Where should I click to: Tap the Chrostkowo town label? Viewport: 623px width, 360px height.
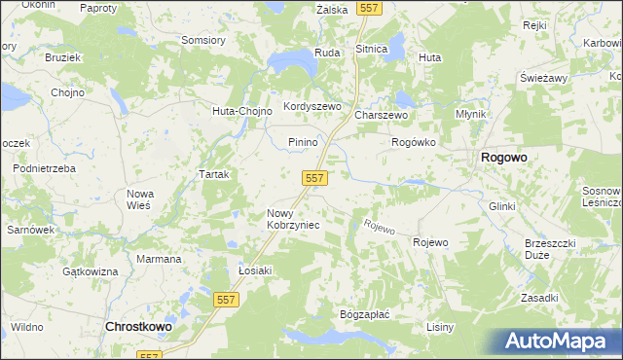(x=137, y=328)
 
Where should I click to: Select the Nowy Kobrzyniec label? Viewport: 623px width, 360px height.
(x=293, y=219)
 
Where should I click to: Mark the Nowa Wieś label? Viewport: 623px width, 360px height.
(x=140, y=199)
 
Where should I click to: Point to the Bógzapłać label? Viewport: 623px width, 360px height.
(x=364, y=315)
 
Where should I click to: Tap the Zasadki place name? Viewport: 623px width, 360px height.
(x=538, y=298)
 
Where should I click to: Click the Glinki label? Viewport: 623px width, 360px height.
(x=501, y=207)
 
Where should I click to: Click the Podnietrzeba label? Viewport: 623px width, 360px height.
(x=44, y=168)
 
